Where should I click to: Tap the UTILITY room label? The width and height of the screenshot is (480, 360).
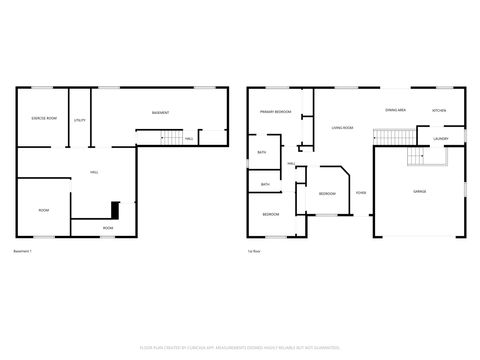80,120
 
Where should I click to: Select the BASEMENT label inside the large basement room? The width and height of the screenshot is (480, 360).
159,112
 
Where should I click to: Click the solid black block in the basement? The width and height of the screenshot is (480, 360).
115,211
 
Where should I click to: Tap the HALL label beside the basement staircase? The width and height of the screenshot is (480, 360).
190,139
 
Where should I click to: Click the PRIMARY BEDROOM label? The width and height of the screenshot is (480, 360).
275,112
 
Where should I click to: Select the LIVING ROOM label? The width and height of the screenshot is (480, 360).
343,128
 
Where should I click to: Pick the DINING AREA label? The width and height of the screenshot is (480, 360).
395,110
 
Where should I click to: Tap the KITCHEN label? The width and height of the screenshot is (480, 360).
439,110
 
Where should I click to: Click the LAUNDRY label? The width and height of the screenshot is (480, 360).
440,139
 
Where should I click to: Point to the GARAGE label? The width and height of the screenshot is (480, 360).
419,190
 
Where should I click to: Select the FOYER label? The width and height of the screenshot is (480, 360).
360,192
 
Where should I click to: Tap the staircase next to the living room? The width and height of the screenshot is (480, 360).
390,137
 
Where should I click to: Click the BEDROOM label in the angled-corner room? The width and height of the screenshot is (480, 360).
327,193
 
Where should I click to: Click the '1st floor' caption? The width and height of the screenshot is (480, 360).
255,251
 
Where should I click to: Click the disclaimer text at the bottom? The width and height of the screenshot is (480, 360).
240,349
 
